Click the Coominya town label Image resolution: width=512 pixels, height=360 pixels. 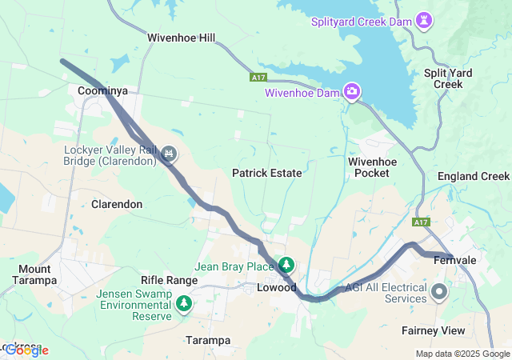[x=102, y=91]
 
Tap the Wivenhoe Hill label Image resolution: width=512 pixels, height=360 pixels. [x=182, y=38]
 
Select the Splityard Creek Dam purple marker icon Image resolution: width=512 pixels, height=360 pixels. [x=426, y=19]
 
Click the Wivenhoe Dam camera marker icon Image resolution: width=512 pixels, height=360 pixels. [x=351, y=92]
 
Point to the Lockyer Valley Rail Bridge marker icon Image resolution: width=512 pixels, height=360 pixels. [x=169, y=152]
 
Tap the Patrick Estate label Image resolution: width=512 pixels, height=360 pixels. [x=267, y=173]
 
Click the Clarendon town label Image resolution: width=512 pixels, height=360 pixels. [x=117, y=204]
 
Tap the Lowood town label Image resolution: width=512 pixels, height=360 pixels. [x=277, y=287]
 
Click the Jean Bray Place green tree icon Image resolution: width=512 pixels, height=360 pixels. [x=286, y=265]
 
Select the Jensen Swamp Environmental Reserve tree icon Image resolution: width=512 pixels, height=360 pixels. [x=185, y=303]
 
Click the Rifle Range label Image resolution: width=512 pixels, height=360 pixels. [x=169, y=280]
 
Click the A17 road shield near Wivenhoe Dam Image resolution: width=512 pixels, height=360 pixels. [x=258, y=78]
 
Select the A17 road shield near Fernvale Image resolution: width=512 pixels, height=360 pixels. [x=422, y=222]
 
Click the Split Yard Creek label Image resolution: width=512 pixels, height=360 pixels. [x=448, y=78]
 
